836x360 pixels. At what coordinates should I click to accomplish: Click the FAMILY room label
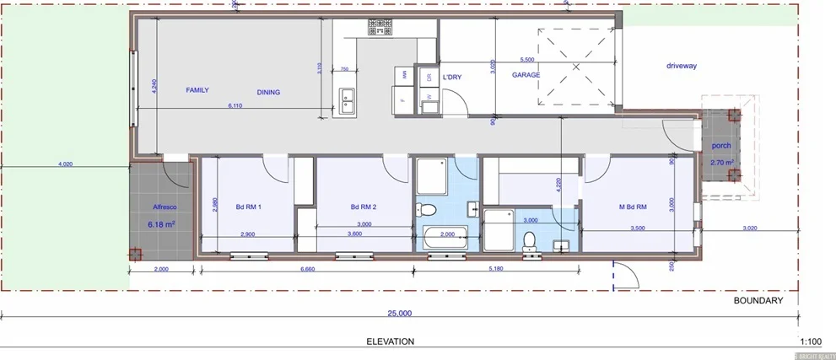point(197,89)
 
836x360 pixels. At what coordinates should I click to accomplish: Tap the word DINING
point(268,93)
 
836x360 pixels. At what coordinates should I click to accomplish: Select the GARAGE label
point(526,75)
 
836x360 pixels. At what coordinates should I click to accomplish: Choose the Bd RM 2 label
point(364,207)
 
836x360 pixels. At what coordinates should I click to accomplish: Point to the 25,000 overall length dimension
point(399,313)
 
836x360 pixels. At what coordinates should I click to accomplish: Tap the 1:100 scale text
point(810,341)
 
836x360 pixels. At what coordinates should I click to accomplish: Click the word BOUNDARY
point(758,300)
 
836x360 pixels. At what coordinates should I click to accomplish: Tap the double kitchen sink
point(347,100)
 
